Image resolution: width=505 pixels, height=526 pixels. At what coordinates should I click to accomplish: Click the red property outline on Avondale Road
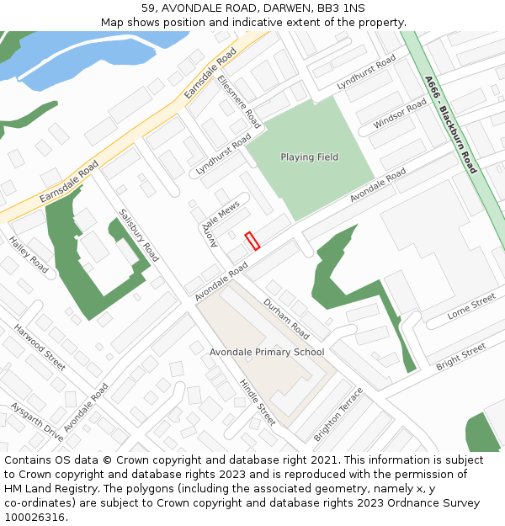[252, 240]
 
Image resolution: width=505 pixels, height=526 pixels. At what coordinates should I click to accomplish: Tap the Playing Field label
[309, 157]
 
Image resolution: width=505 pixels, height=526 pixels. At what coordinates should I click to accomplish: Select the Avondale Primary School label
[267, 352]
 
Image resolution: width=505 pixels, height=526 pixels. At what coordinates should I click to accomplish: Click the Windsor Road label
[401, 114]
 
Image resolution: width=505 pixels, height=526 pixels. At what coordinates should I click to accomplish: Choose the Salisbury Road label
[139, 235]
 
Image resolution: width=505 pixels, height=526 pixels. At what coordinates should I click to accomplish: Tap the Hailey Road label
[29, 254]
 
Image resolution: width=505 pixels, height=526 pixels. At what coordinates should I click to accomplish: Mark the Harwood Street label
[40, 347]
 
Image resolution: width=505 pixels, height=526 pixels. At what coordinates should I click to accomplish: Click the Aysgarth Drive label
[36, 422]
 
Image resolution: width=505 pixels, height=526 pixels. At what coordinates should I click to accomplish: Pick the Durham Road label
[286, 319]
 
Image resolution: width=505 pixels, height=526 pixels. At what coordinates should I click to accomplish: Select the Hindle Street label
[258, 402]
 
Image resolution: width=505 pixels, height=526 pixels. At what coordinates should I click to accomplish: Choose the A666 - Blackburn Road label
[451, 125]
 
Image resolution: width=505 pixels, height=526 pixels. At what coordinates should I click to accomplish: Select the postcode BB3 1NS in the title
[341, 8]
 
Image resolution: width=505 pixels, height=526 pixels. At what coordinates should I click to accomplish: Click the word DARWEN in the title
[263, 8]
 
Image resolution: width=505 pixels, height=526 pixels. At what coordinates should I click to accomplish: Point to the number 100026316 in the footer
[36, 517]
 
